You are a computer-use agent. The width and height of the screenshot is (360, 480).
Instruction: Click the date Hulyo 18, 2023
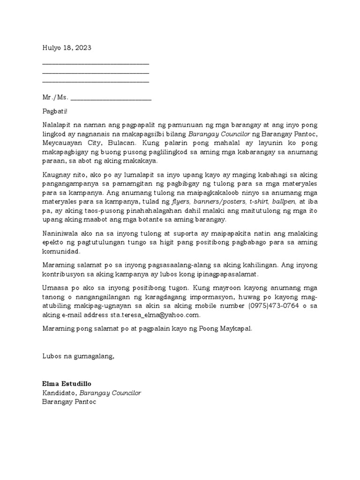tap(67, 48)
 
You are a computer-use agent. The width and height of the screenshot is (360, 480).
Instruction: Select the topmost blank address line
tap(96, 63)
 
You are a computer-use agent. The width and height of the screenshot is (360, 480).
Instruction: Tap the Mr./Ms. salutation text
tap(55, 97)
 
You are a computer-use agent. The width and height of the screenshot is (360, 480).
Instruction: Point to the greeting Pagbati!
tap(55, 112)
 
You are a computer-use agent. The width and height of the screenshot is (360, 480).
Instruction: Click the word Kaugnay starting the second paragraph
tap(56, 173)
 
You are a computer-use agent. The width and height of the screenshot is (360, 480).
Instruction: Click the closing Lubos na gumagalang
tap(78, 356)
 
